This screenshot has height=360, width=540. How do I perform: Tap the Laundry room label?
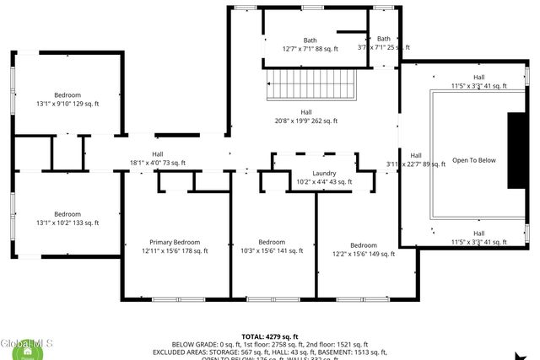pyautogui.click(x=324, y=177)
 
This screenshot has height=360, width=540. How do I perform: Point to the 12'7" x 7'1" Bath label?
pyautogui.click(x=310, y=45)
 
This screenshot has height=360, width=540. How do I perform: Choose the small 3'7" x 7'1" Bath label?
pyautogui.click(x=384, y=44)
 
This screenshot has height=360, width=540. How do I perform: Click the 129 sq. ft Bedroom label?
pyautogui.click(x=67, y=99)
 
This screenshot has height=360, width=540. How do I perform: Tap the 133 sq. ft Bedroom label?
pyautogui.click(x=67, y=218)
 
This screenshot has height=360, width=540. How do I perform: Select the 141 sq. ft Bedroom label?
pyautogui.click(x=272, y=246)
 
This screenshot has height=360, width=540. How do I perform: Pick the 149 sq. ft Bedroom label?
pyautogui.click(x=363, y=250)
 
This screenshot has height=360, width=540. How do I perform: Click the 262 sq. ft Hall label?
pyautogui.click(x=306, y=116)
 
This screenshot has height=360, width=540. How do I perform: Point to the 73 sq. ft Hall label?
pyautogui.click(x=158, y=158)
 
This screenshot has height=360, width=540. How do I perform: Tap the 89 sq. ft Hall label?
pyautogui.click(x=416, y=160)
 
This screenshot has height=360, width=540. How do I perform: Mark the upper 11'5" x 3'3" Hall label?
pyautogui.click(x=478, y=82)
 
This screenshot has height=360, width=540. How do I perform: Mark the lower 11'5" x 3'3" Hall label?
pyautogui.click(x=478, y=238)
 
